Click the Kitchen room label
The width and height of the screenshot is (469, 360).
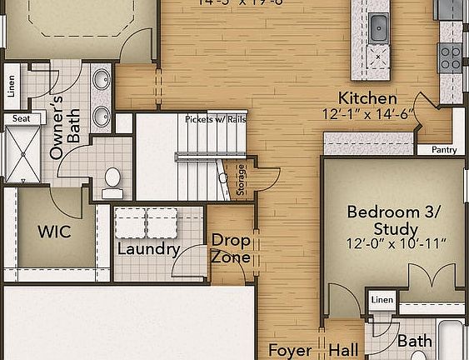[367, 98]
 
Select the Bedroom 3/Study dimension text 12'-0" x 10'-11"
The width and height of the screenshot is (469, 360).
[397, 244]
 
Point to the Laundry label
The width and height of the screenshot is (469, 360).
[148, 249]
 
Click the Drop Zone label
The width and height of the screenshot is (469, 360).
[230, 248]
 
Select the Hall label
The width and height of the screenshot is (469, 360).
[343, 351]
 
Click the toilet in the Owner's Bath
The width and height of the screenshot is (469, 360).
[112, 179]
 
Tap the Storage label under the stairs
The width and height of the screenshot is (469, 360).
[242, 180]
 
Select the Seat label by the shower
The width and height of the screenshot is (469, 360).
[21, 119]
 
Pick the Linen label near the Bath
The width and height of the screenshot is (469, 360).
[382, 299]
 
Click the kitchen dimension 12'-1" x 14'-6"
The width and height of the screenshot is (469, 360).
[367, 114]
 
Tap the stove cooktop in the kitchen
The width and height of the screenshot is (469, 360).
[451, 56]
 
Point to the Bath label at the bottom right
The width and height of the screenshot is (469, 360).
[414, 342]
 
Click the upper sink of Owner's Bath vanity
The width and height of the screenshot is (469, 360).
[101, 81]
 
